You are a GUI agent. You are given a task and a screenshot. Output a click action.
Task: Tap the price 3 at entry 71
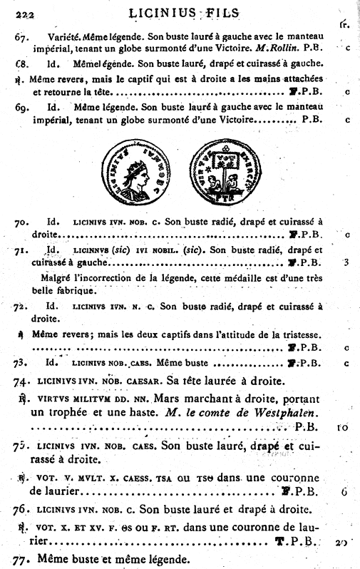(345, 262)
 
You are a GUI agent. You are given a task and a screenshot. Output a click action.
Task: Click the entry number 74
(21, 381)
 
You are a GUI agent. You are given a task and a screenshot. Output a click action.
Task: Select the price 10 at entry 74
(342, 428)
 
